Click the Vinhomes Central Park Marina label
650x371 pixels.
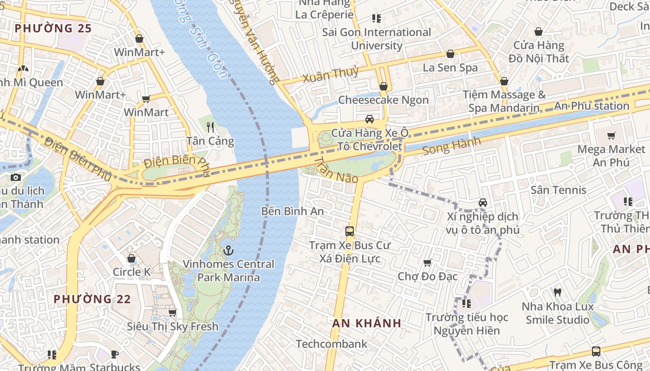point(228,271)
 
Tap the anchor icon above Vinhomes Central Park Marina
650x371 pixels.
point(228,251)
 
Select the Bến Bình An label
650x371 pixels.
point(292,211)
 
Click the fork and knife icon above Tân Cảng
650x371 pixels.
point(210,127)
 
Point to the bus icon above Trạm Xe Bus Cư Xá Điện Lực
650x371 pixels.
point(350,231)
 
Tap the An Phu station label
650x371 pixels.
point(591,106)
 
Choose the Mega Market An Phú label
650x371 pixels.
point(611,156)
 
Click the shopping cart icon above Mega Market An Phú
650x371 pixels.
point(611,136)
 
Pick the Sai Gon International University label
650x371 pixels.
point(377,39)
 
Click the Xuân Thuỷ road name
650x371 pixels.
point(331,75)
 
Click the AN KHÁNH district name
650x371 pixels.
point(367,323)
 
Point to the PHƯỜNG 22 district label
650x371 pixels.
point(92,299)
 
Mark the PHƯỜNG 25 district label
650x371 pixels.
point(53,28)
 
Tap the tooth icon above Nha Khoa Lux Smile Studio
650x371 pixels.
point(558,293)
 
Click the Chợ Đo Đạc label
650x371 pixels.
point(428,276)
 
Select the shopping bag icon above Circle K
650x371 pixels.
point(131,258)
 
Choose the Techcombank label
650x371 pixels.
point(331,344)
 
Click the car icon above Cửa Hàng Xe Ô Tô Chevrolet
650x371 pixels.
point(370,119)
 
